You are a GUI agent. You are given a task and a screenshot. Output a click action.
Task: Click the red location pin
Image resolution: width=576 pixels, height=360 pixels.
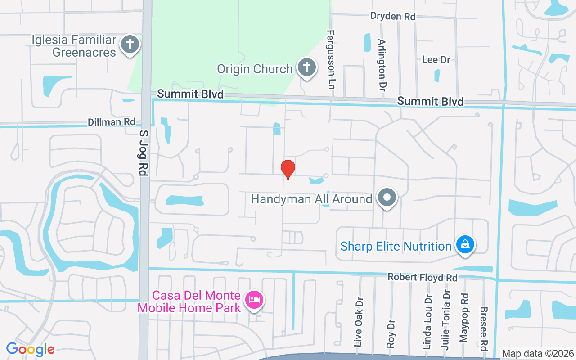pyautogui.click(x=288, y=169)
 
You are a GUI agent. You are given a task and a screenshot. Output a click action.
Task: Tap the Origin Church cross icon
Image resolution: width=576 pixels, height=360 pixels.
pyautogui.click(x=306, y=68)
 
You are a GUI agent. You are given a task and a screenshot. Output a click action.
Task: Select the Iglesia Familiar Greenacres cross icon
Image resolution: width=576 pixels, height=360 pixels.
pyautogui.click(x=130, y=45)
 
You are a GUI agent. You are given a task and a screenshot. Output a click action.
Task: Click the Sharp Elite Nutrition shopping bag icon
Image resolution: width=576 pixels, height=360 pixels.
pyautogui.click(x=466, y=245)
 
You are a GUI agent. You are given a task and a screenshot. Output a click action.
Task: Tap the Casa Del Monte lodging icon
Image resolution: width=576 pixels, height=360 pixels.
pyautogui.click(x=254, y=300)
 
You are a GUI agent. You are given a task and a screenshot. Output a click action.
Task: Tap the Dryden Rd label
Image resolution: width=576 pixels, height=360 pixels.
pyautogui.click(x=392, y=16)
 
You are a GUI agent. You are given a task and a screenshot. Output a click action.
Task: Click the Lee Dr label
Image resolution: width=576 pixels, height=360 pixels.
pyautogui.click(x=436, y=59)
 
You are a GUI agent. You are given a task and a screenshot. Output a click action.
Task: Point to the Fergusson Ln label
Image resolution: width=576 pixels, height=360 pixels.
pyautogui.click(x=331, y=59)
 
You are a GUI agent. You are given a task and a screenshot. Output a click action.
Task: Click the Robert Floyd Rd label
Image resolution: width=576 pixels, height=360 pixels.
pyautogui.click(x=423, y=278)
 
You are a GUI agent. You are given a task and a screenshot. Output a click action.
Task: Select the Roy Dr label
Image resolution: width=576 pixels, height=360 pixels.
pyautogui.click(x=391, y=333)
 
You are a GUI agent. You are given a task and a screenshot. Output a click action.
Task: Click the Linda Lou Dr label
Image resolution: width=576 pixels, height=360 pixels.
pyautogui.click(x=427, y=322)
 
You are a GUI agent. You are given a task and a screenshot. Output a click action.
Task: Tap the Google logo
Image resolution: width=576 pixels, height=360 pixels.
pyautogui.click(x=30, y=349)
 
